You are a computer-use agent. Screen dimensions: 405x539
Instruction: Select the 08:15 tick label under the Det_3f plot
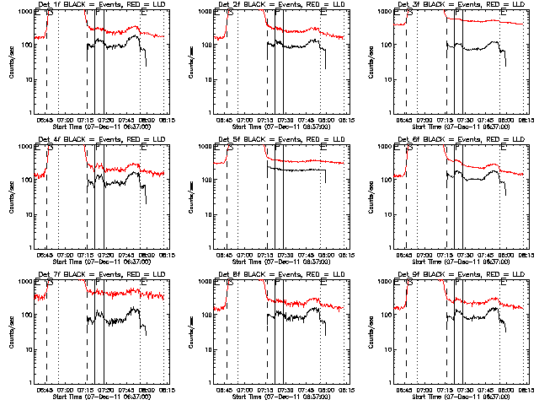[523, 120]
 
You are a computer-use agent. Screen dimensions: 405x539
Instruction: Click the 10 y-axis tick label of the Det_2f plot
[203, 78]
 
